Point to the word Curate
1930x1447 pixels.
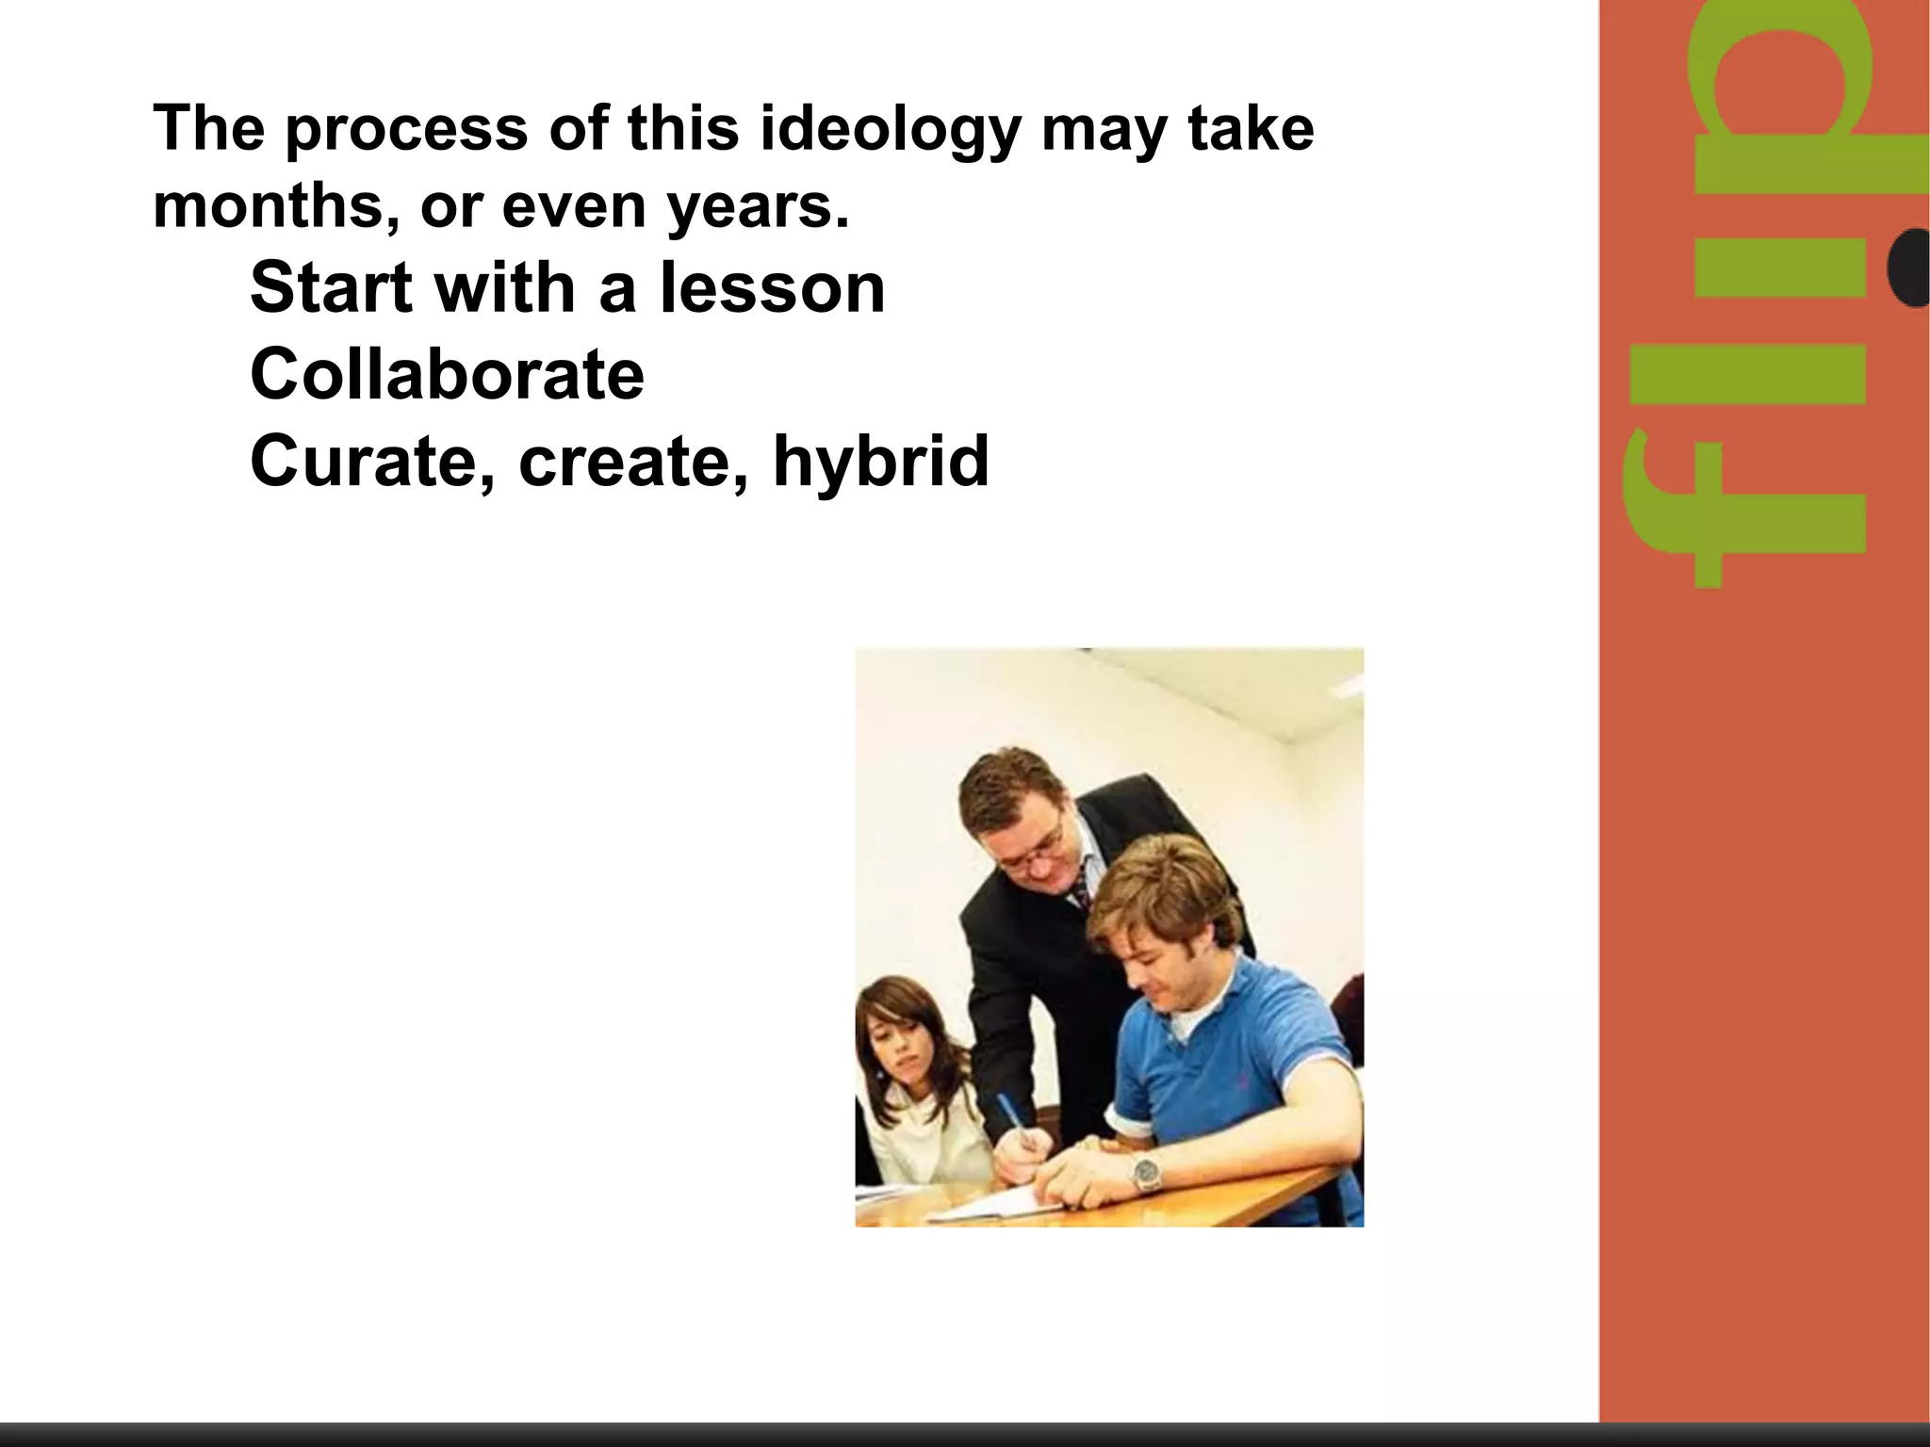(373, 463)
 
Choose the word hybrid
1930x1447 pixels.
(880, 463)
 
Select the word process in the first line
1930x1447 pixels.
(407, 131)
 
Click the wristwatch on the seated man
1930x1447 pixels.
(1147, 1173)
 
